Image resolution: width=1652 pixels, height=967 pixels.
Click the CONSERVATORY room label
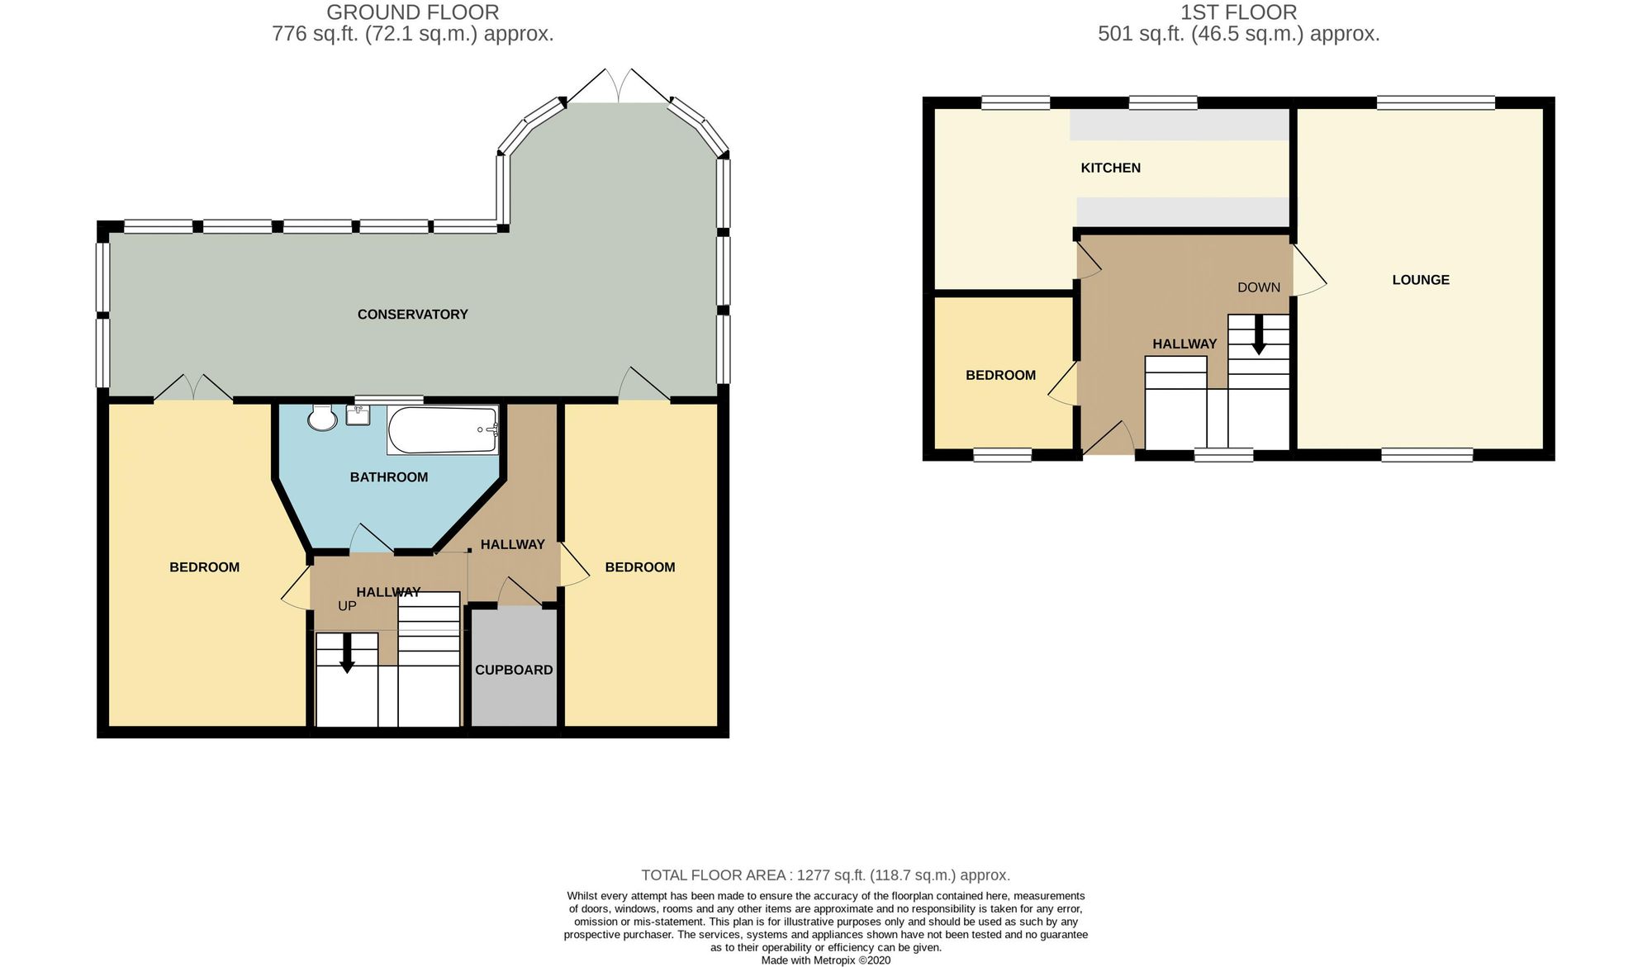pos(412,314)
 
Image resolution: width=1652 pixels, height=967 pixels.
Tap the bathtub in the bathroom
pos(443,429)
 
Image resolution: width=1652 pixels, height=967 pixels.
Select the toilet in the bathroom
pos(321,419)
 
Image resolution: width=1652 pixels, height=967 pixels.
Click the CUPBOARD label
pos(514,670)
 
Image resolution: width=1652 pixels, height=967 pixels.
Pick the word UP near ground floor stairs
pos(347,606)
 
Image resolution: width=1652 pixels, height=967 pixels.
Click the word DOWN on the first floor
pos(1259,287)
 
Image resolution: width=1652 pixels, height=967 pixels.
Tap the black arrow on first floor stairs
pos(1259,336)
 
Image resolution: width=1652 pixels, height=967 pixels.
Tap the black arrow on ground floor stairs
pos(347,653)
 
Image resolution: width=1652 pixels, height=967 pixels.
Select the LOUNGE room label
pos(1421,280)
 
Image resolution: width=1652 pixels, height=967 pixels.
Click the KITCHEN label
pos(1110,168)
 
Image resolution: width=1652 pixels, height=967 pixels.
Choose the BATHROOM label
pos(388,477)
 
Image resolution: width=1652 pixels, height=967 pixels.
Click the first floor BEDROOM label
pos(1000,375)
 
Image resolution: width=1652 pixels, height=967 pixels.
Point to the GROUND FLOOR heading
pos(412,12)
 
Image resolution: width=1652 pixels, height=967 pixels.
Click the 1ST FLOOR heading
pos(1238,12)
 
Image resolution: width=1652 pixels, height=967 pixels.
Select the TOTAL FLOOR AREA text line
pos(825,875)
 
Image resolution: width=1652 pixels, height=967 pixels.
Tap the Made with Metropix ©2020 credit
pos(825,960)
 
